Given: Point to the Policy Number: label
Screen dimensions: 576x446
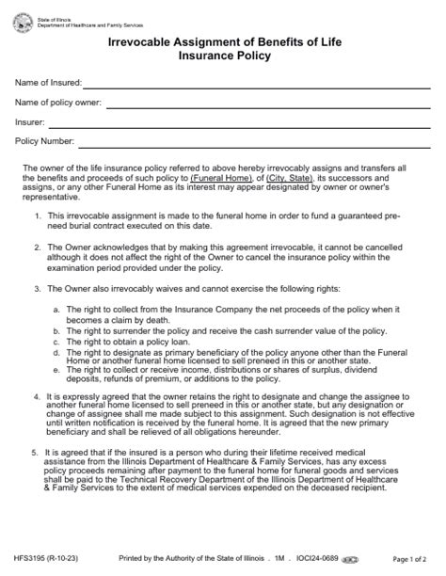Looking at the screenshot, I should [44, 142].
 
